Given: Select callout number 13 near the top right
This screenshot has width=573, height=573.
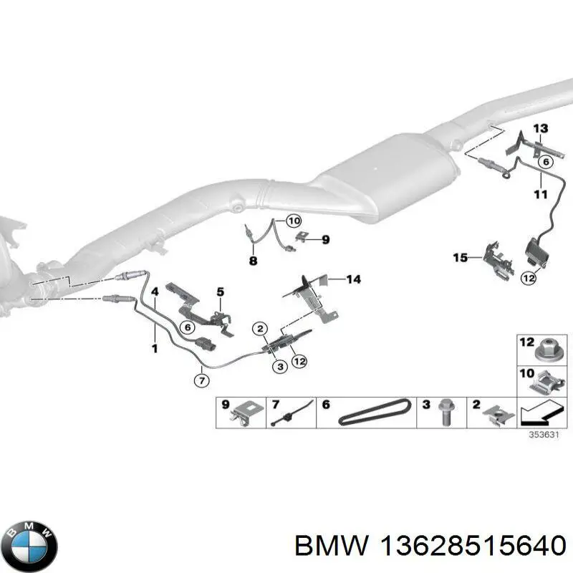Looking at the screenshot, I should point(540,129).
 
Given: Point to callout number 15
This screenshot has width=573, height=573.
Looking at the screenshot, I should point(460,257).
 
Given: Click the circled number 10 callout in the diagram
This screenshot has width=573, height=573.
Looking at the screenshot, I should point(294,221).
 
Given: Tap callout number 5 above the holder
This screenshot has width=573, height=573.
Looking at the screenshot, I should point(221,292).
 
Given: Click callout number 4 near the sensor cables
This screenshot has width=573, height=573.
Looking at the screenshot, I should point(154,291).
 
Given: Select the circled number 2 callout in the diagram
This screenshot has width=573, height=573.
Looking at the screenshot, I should point(260,329).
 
